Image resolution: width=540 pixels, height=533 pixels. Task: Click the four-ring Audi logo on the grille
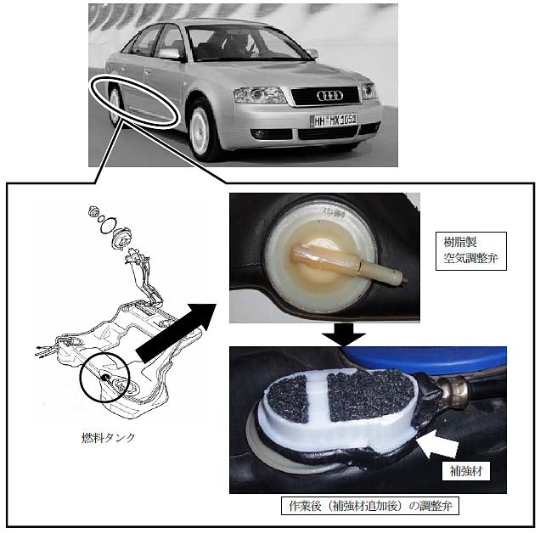tap(329, 96)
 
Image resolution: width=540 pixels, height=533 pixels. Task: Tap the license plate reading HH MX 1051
tap(334, 121)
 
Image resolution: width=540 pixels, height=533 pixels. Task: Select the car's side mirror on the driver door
tap(170, 53)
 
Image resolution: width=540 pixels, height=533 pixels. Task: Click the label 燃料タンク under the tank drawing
tap(108, 437)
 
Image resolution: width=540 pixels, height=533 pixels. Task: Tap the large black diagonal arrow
tap(176, 333)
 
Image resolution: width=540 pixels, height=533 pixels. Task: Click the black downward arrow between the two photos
tap(343, 334)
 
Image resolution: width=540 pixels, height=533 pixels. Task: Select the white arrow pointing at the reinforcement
tap(437, 444)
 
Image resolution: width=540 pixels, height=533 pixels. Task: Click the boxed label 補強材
tap(466, 471)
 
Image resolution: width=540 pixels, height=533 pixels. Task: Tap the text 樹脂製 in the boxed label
tap(459, 243)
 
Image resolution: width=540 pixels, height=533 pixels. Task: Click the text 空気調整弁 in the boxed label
tap(470, 258)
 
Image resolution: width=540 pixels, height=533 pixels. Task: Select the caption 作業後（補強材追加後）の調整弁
tap(370, 506)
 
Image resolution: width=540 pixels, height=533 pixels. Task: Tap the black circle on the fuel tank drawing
tap(104, 377)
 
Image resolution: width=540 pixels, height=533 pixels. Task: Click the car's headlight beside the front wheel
tap(259, 95)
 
